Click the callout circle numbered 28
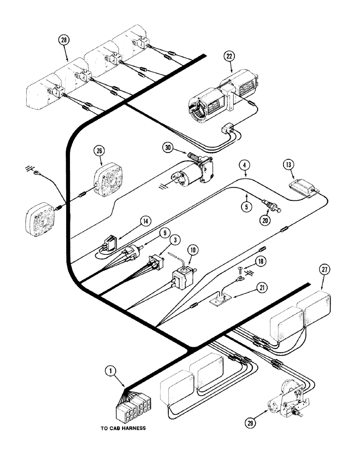coord(63,40)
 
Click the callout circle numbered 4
coord(245,164)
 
